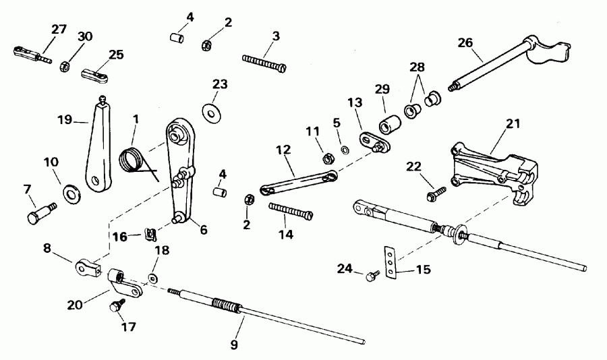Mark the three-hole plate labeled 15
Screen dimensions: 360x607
coord(390,262)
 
